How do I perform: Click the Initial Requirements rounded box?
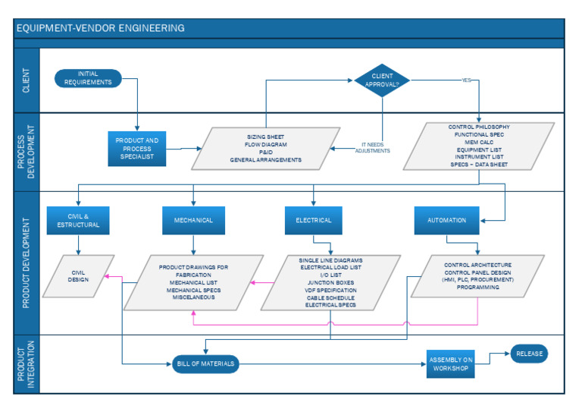point(88,78)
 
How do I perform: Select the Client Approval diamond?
point(381,80)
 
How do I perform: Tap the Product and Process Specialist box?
point(136,148)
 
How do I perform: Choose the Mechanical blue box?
point(193,220)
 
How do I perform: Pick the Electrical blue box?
point(314,220)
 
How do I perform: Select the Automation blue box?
point(446,220)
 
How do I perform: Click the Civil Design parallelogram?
point(79,275)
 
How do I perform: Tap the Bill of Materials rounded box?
point(205,364)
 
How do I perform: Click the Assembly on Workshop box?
point(451,364)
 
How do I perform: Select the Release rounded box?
point(528,354)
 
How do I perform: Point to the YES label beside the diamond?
point(466,80)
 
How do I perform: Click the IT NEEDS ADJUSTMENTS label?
point(375,147)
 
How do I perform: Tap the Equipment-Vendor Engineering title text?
point(100,28)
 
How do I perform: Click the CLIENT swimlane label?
point(26,80)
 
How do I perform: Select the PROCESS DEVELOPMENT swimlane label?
point(26,153)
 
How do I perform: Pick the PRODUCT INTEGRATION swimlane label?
point(26,364)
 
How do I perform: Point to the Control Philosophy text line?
point(478,127)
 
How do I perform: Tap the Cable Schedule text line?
point(330,297)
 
